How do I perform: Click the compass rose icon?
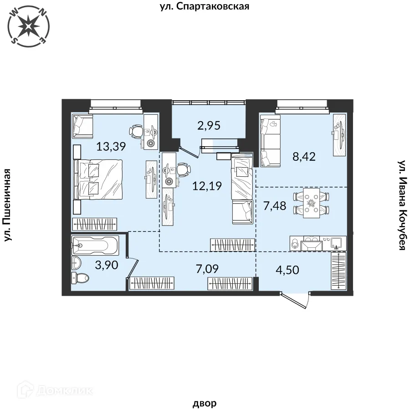tap(29, 26)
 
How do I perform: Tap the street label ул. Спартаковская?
tap(205, 6)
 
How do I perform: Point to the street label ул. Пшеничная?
tap(8, 205)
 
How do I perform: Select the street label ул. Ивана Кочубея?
tap(402, 205)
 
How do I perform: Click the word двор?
tap(205, 403)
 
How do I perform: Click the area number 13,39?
tap(111, 146)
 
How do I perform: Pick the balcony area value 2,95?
tap(209, 126)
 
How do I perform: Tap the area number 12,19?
tap(207, 186)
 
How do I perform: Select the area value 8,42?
tap(304, 157)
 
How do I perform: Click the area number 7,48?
tap(275, 206)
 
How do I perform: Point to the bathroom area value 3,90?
tap(107, 265)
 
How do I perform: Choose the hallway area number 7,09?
tap(207, 269)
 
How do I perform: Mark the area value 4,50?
tap(287, 270)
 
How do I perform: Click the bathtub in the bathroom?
tap(95, 245)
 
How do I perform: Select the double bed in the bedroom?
tap(98, 179)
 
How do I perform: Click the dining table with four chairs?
tap(311, 203)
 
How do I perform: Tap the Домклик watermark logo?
tap(55, 391)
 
